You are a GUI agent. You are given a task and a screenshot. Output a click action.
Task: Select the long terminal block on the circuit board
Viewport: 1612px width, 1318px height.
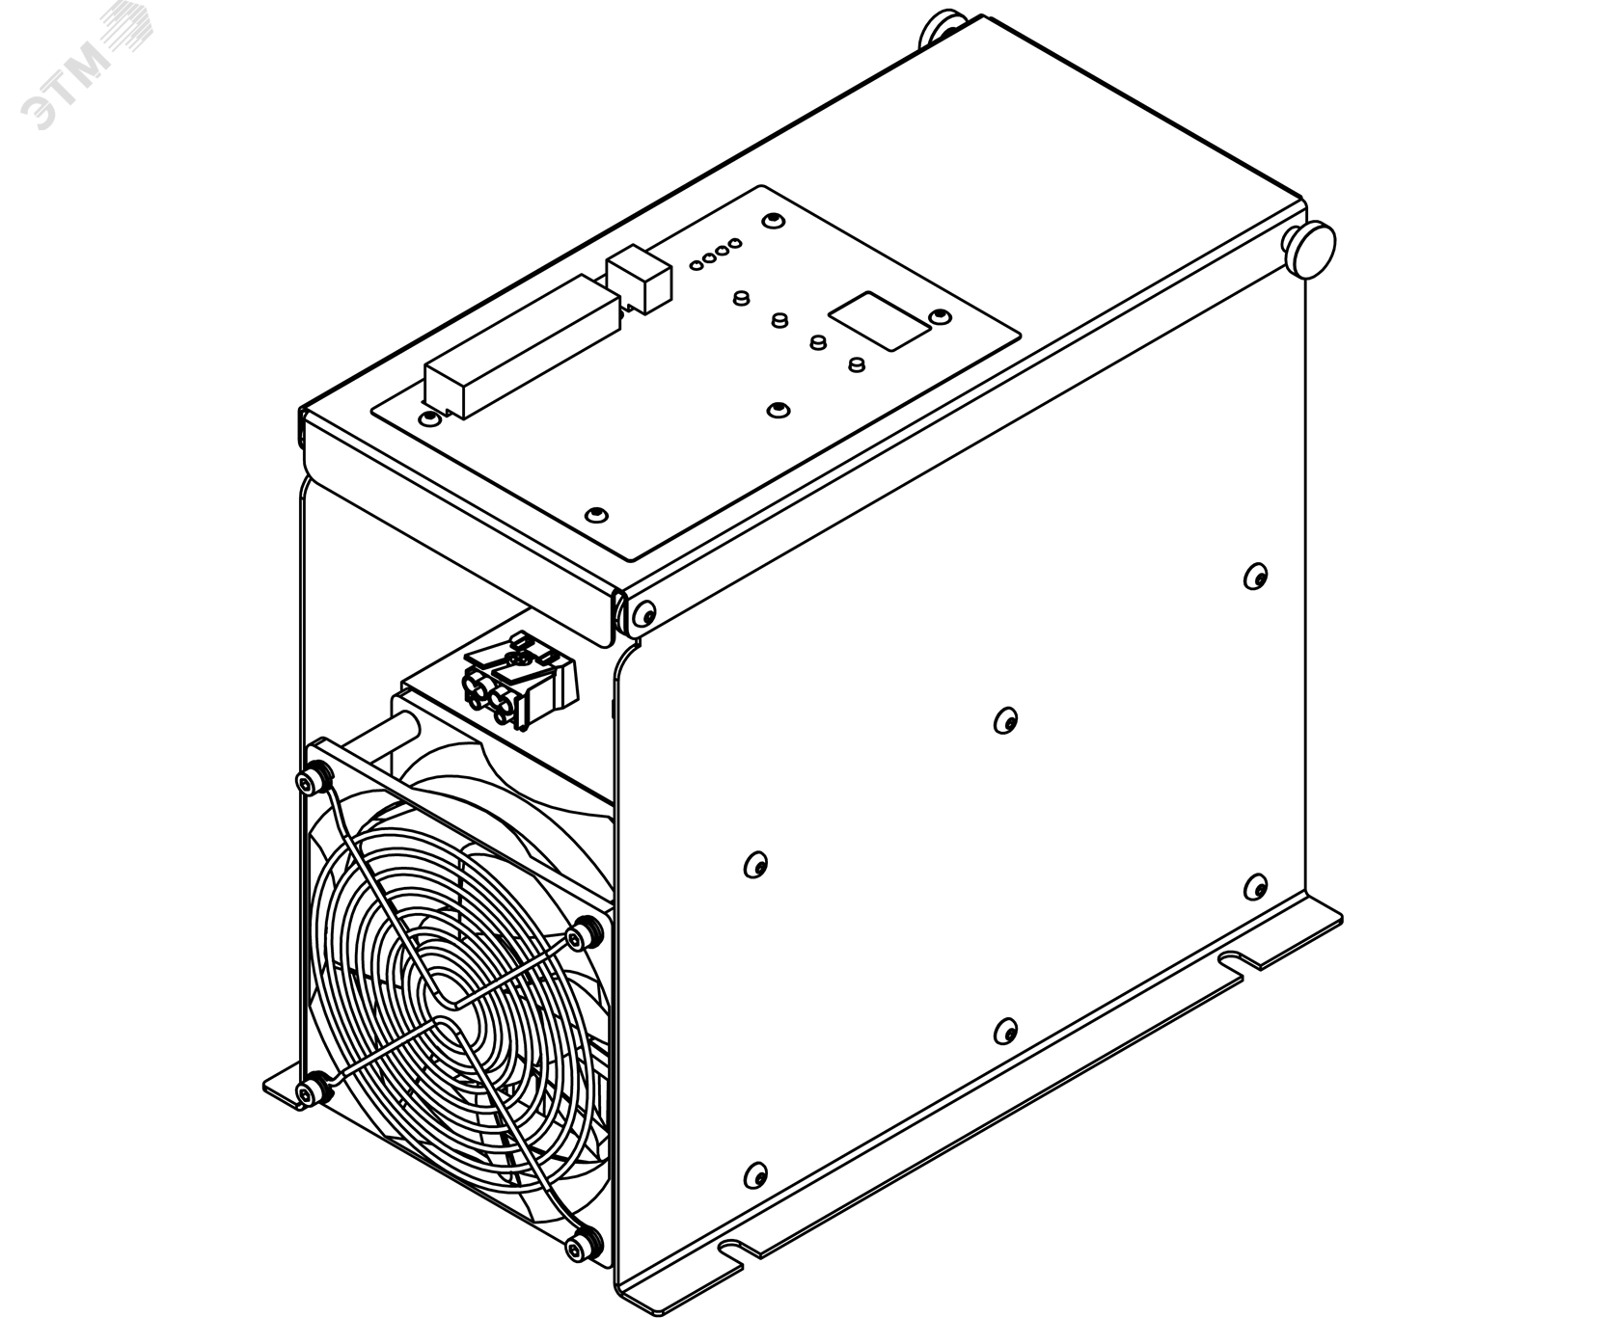[x=520, y=348]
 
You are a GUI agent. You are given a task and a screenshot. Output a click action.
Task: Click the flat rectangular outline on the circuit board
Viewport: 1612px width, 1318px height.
[x=880, y=321]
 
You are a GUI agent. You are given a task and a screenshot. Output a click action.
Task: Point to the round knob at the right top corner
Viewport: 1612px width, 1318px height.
[x=1310, y=250]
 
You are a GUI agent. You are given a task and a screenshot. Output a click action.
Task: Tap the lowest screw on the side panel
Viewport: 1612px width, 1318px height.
[x=755, y=1175]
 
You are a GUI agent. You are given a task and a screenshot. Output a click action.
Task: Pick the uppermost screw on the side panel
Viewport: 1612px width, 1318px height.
[x=1255, y=577]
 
